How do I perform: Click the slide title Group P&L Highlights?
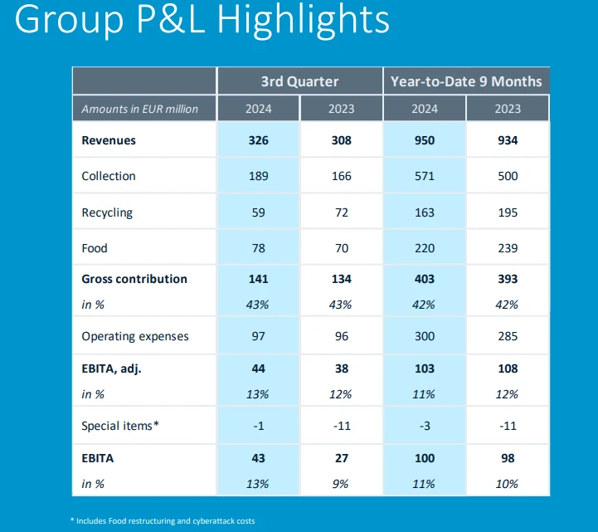(202, 19)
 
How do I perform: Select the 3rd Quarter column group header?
(299, 81)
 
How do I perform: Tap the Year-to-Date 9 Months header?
(466, 81)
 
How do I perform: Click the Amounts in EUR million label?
(139, 109)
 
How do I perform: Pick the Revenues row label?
(109, 140)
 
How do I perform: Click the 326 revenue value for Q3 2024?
(259, 140)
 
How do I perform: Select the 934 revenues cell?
(508, 140)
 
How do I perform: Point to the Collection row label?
(109, 176)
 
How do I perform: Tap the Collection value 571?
(425, 176)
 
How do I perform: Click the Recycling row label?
(107, 212)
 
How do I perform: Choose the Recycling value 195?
(508, 212)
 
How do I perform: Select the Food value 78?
(259, 248)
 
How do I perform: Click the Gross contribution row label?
(134, 279)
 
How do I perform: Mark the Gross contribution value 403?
(425, 279)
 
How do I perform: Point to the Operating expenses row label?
(135, 336)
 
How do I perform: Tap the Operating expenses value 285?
(508, 336)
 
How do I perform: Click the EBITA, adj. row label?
(111, 368)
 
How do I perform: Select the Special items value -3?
(425, 426)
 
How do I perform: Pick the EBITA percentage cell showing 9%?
(341, 484)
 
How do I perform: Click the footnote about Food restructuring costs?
(163, 520)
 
